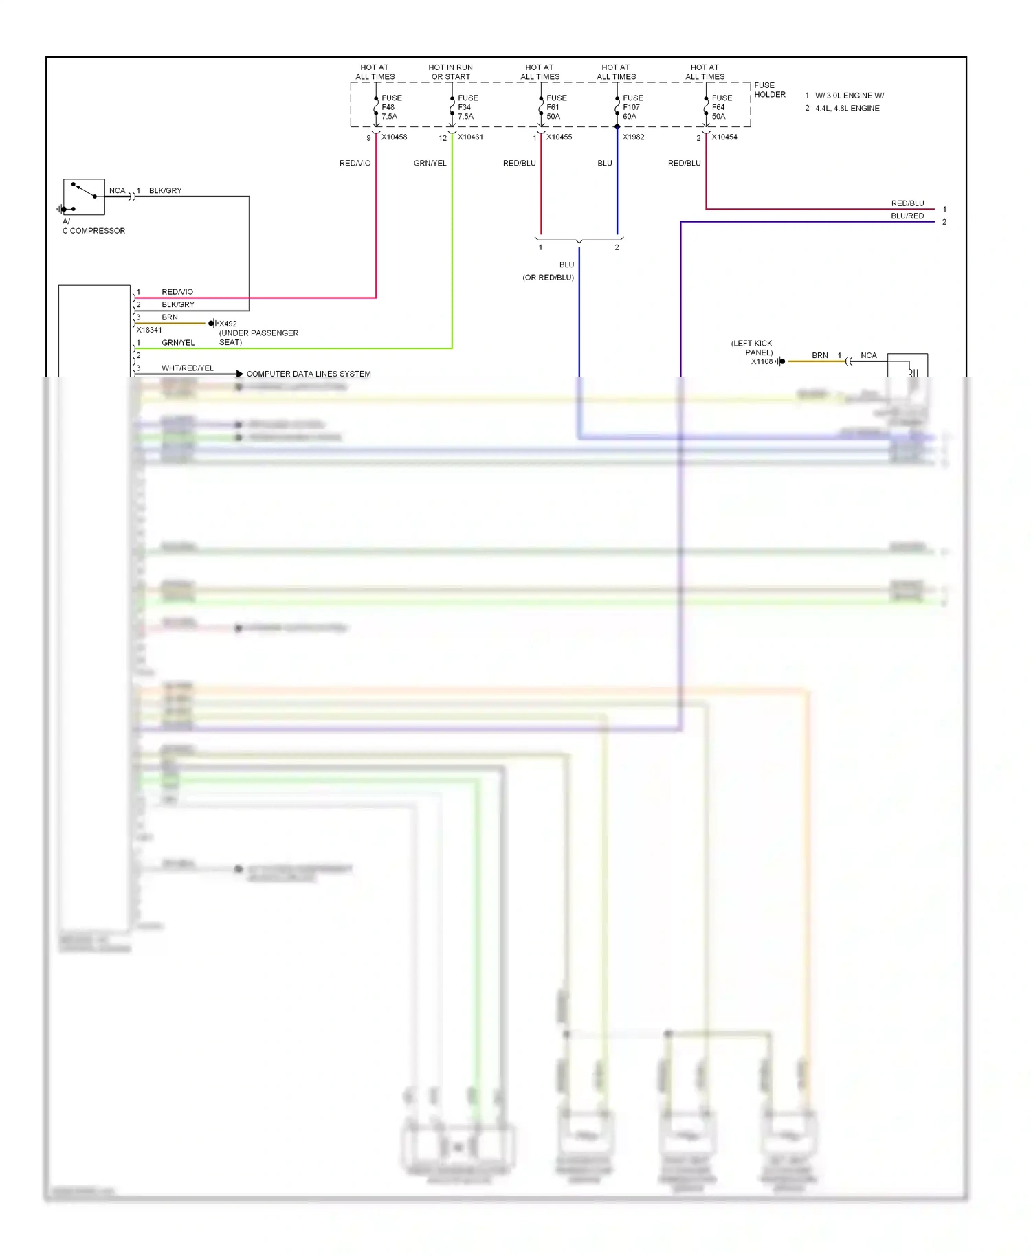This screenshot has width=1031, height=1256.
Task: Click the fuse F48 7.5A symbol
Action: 376,108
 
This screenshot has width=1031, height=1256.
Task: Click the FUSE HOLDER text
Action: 769,90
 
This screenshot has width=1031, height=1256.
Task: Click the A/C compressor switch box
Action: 84,197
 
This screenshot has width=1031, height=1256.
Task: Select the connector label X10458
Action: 394,137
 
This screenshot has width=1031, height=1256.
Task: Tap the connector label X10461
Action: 470,137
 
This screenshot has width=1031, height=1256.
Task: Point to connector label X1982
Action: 633,137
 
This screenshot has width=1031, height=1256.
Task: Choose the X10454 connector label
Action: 724,137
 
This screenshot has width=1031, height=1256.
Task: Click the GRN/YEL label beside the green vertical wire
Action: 430,164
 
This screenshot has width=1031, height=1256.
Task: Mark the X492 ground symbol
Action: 213,324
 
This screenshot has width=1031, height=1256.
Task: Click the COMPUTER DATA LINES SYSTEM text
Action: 309,374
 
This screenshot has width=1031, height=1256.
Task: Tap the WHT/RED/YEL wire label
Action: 187,368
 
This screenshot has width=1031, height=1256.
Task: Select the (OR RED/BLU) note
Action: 548,278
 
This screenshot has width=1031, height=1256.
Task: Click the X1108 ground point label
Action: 762,361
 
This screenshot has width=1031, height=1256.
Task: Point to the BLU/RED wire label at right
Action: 907,216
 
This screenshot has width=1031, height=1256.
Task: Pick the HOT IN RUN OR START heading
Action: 450,72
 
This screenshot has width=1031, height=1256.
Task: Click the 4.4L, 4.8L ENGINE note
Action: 847,109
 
